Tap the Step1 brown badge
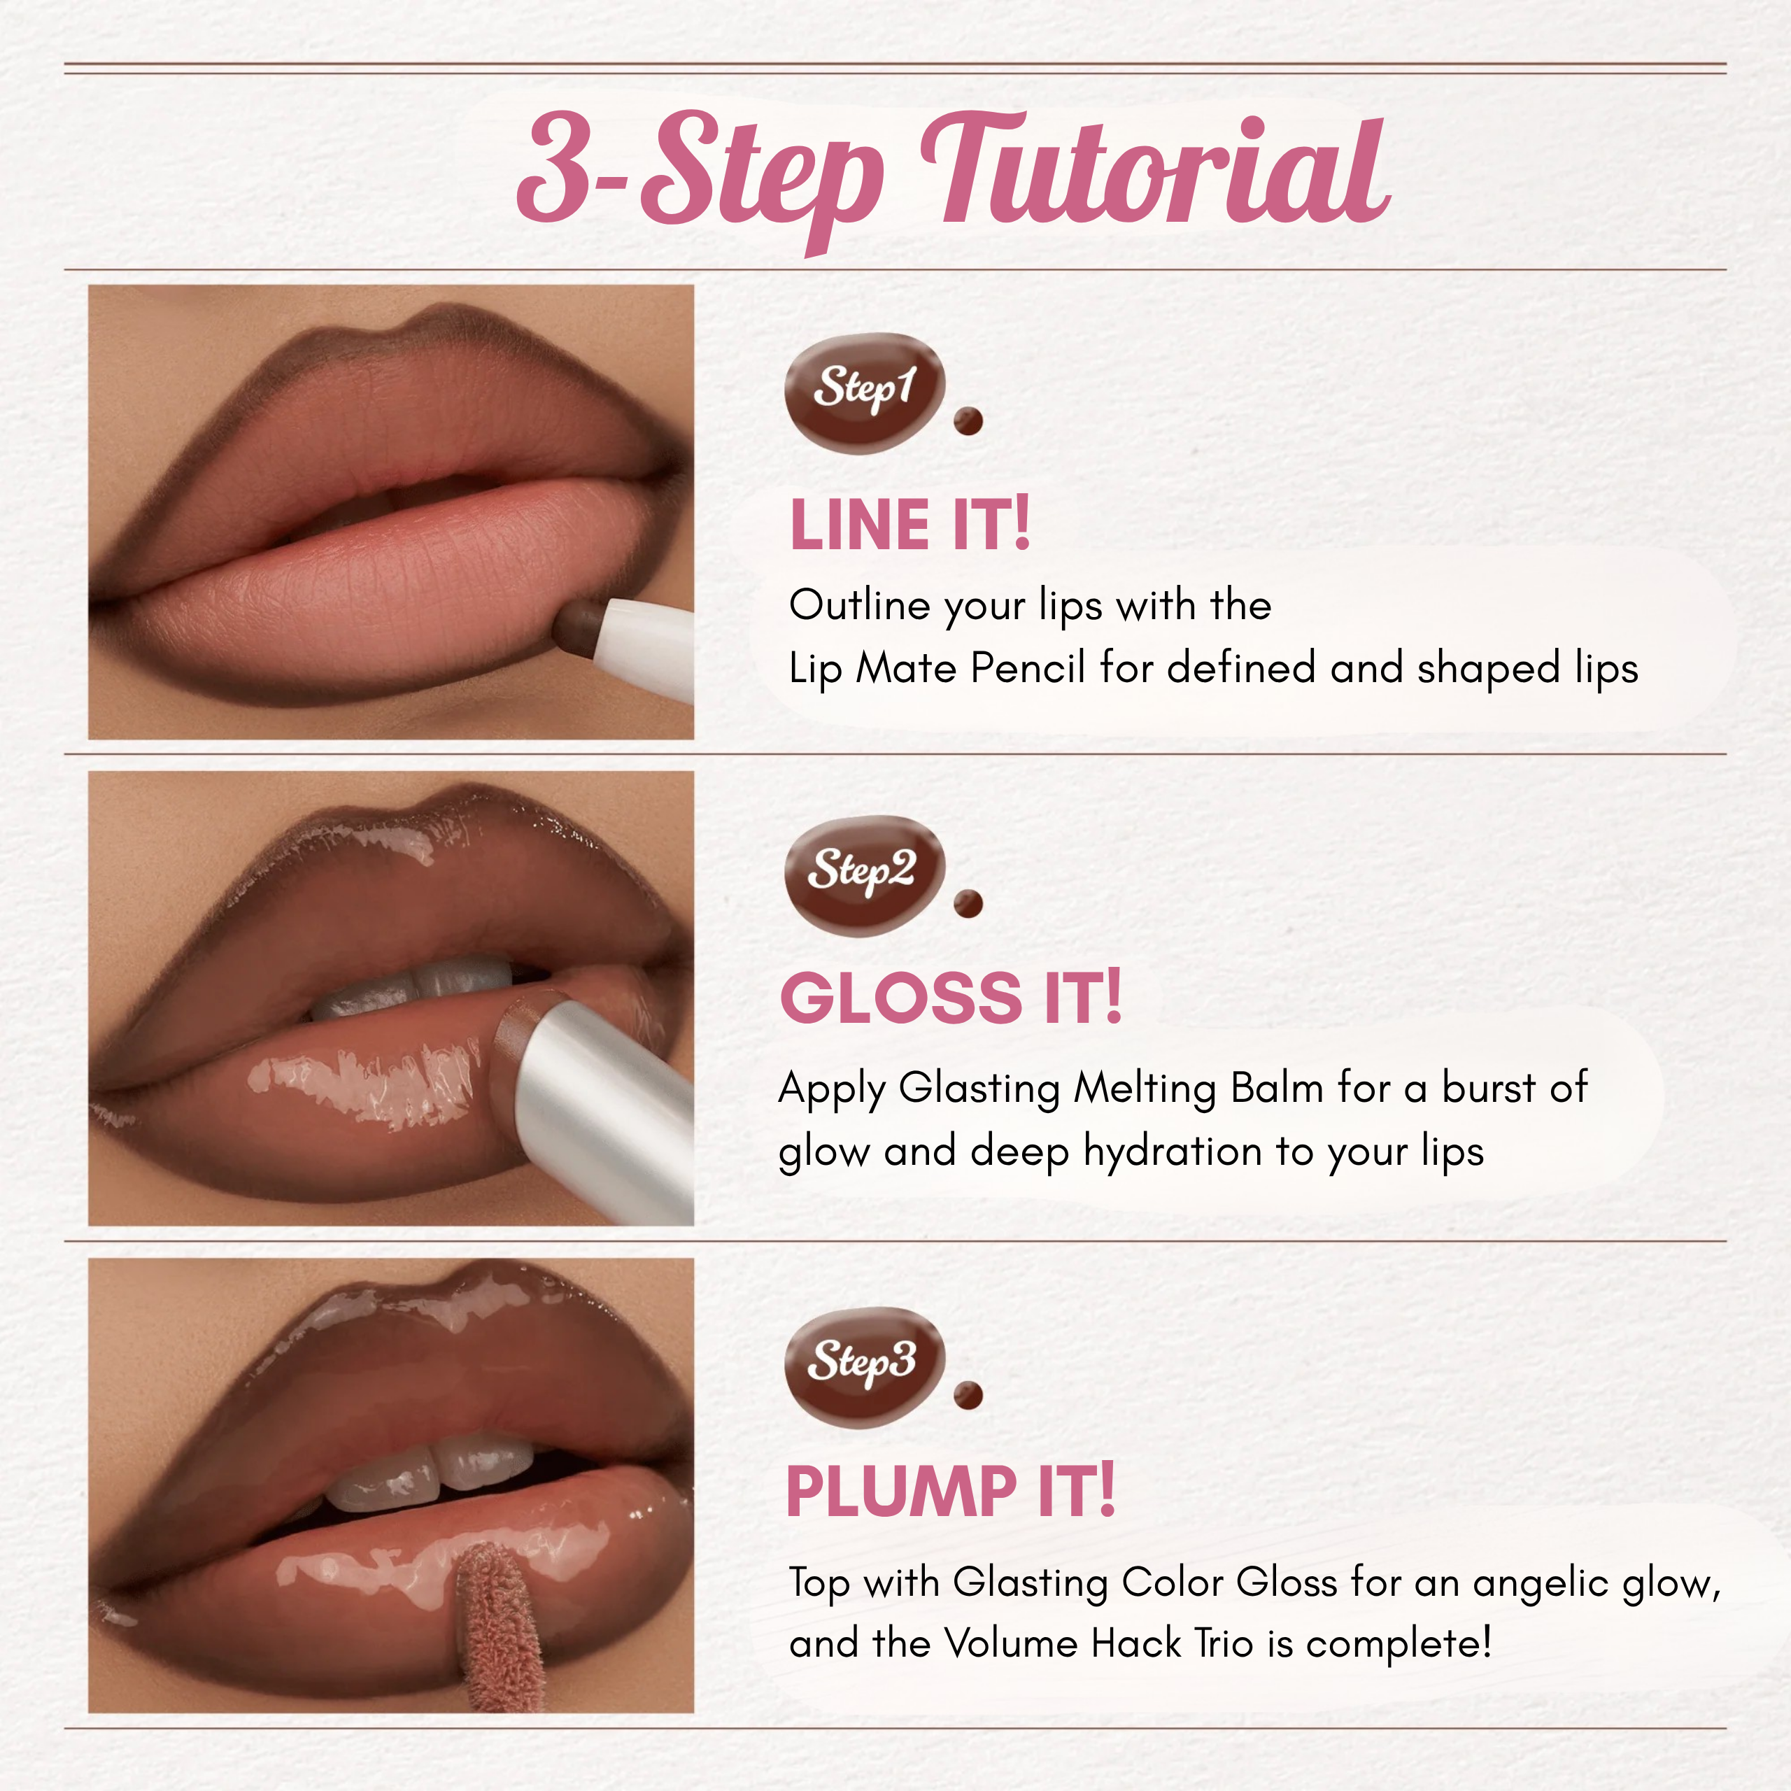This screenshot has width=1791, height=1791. click(864, 392)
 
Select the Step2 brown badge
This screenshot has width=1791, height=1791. click(864, 875)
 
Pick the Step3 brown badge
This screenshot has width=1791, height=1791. click(864, 1366)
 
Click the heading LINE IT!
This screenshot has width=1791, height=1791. click(909, 525)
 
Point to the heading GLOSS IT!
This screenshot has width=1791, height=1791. click(951, 998)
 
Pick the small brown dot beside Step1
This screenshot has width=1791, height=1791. click(968, 421)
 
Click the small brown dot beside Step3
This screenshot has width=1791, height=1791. click(968, 1394)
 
